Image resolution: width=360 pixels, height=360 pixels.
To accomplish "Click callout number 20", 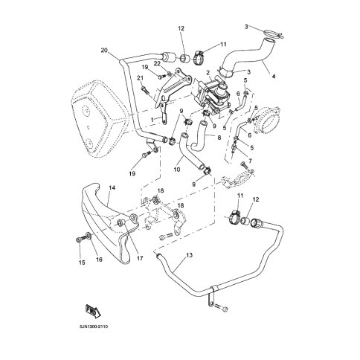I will point(103,50).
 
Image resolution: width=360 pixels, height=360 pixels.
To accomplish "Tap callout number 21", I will point(140,78).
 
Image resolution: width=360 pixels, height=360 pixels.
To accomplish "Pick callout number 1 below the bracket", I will point(153,120).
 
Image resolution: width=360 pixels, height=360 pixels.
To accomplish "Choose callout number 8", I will point(219,137).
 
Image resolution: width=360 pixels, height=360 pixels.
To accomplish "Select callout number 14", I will point(112,190).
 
